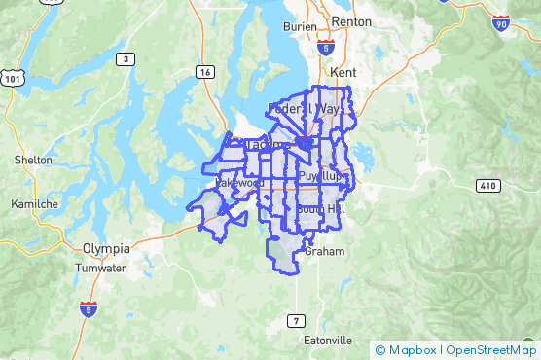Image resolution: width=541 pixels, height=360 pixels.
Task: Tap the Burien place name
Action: coord(300,27)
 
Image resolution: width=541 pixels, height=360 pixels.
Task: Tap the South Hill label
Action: coord(321,209)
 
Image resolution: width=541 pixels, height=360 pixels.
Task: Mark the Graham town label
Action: coord(318,250)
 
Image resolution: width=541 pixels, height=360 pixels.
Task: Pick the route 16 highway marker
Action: coord(204,71)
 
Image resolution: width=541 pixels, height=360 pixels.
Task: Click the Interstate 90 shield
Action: coord(501,21)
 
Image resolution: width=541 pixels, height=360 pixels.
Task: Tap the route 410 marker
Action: coord(488,185)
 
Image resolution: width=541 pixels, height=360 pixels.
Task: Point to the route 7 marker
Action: coord(295,320)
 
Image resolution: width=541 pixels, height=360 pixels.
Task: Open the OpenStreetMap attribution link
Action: coord(492,350)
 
